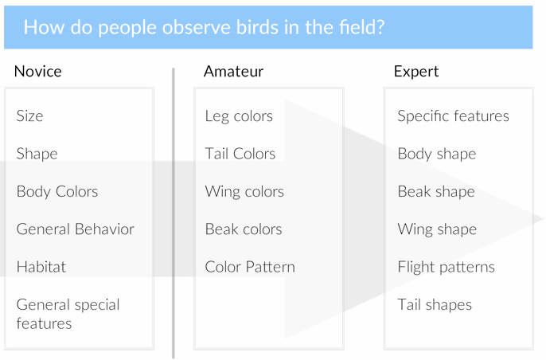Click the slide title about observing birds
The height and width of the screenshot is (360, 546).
204,27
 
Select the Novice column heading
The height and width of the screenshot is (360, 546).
38,72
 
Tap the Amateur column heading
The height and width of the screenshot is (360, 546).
233,72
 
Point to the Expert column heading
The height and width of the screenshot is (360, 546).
416,72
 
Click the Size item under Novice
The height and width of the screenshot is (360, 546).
29,115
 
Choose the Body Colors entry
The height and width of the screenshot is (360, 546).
57,191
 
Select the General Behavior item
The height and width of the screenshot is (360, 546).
75,229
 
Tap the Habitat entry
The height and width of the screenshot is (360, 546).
41,267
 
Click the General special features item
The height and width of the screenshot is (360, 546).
68,314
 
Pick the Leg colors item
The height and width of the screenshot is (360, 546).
239,116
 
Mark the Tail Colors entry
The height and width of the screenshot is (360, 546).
240,154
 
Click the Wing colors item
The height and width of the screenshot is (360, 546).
244,192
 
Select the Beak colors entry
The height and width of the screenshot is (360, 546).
244,229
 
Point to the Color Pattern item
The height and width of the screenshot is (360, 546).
250,267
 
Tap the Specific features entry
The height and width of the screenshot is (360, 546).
454,116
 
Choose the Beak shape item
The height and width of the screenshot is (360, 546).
436,192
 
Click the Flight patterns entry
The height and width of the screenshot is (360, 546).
446,268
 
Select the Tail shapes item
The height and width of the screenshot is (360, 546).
435,305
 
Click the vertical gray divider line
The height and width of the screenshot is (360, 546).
173,213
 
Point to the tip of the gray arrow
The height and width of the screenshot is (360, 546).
543,219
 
